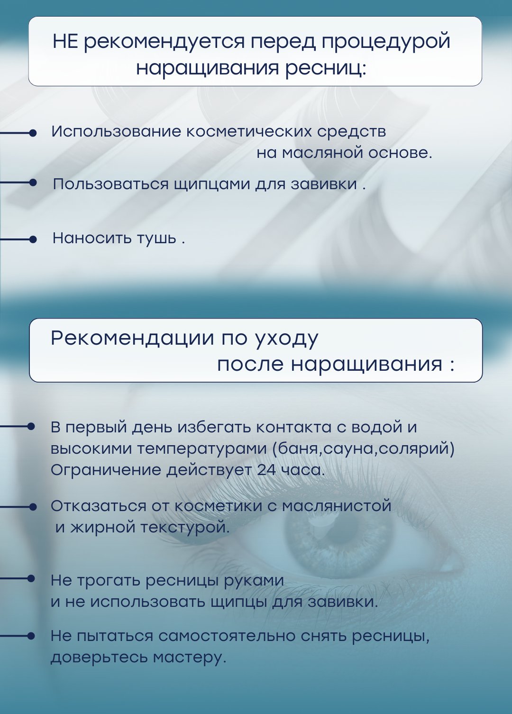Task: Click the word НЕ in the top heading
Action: click(65, 41)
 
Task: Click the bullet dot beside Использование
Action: click(33, 133)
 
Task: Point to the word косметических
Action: click(249, 132)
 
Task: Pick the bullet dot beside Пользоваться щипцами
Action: click(33, 183)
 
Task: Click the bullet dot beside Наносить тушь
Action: click(33, 239)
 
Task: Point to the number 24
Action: click(266, 470)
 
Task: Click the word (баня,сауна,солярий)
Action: click(364, 449)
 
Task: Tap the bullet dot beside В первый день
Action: click(31, 427)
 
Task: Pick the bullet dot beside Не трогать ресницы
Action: click(31, 578)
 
